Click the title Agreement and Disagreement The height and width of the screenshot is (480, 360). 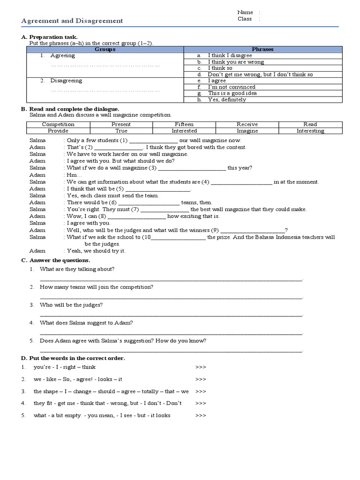[73, 21]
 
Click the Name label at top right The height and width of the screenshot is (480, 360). [245, 12]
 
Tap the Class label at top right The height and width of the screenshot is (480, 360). [245, 19]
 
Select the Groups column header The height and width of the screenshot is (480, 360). [105, 49]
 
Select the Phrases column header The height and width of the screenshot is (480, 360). [262, 49]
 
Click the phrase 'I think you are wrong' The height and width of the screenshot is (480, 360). [236, 62]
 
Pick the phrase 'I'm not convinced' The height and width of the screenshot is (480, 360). [232, 87]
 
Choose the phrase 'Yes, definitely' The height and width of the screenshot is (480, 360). [227, 99]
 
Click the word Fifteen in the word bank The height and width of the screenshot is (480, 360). [184, 124]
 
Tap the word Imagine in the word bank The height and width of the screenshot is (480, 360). [247, 131]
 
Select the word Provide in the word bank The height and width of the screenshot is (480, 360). [58, 131]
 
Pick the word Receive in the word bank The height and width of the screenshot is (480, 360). [247, 124]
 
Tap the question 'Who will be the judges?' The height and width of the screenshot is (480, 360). [71, 305]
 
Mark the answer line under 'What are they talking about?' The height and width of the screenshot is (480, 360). [171, 279]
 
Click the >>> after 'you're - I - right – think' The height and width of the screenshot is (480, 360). [200, 367]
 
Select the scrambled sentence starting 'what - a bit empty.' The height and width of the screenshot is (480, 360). [102, 415]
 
